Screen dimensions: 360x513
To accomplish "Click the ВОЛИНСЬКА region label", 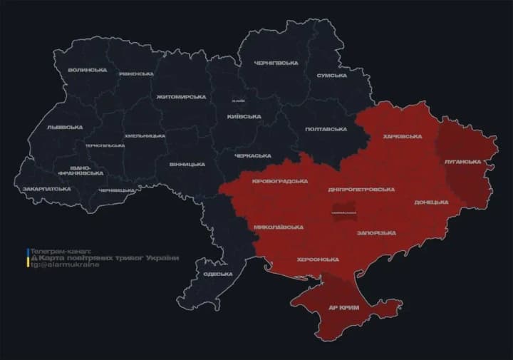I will tap(88, 70).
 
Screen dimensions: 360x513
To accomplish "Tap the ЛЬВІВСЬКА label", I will tap(64, 127).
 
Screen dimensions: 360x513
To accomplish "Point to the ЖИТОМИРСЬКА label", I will tap(181, 96).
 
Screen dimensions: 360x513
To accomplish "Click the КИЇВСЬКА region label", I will tap(244, 116).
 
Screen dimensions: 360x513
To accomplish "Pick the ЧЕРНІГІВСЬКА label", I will tap(276, 63).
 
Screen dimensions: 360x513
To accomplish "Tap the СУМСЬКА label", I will tap(331, 75).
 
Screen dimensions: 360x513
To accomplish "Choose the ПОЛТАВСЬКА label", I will tap(325, 129).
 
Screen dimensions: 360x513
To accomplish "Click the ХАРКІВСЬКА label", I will tap(402, 136).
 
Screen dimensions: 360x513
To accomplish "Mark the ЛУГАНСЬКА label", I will tap(462, 162).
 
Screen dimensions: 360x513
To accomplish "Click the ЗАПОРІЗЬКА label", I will tap(375, 232).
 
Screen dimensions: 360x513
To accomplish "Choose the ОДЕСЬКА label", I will tap(217, 274).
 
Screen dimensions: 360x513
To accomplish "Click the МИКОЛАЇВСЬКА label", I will tap(279, 227).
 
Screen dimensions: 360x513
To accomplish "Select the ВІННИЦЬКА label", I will tap(187, 164).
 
